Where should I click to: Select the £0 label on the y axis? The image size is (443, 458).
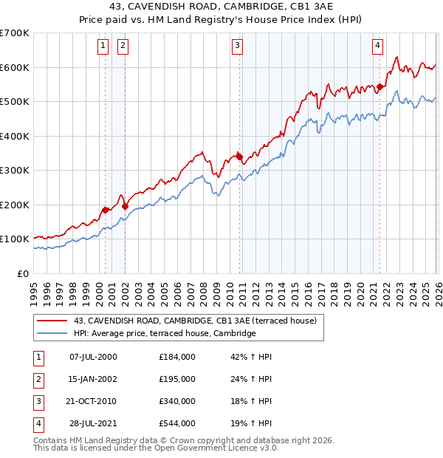24,273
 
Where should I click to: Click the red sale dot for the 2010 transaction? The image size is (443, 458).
240,157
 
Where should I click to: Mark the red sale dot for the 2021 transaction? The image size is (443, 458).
380,86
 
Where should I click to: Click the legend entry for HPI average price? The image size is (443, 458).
164,334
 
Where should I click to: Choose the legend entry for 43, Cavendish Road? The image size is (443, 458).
195,321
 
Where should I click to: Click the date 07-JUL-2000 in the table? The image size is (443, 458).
93,357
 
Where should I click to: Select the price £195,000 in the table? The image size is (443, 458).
177,379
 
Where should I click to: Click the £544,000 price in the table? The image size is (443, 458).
177,423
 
